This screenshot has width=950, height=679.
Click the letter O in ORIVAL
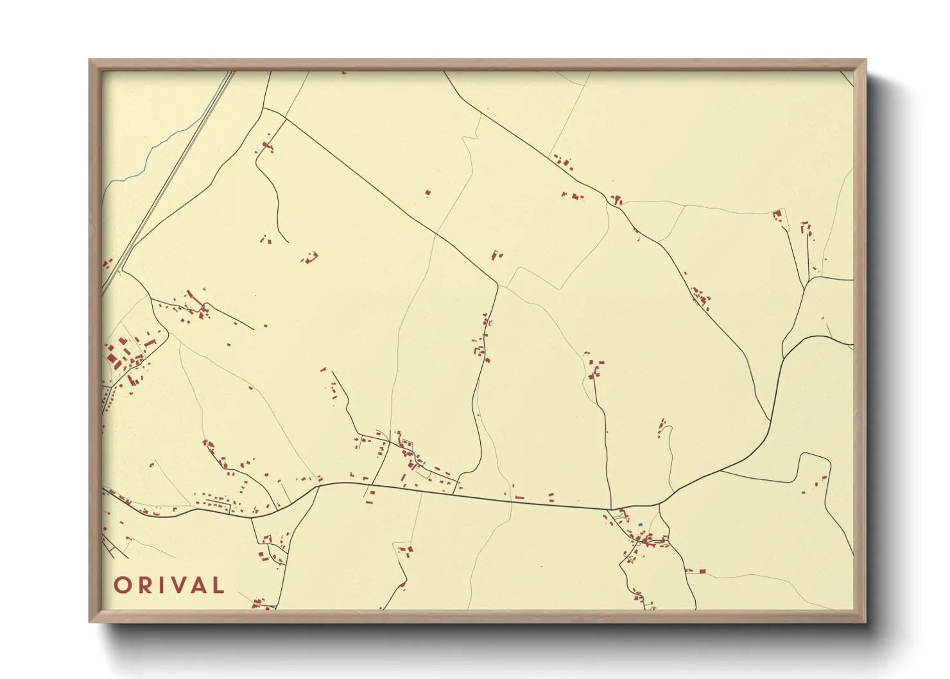pos(123,585)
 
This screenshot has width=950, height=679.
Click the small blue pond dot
pos(640,525)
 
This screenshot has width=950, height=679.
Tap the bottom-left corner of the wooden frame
pos(91,621)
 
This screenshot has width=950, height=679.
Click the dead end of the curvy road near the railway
pos(288,242)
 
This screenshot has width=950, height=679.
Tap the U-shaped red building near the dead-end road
pos(311,258)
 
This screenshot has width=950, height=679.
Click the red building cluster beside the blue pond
pos(652,540)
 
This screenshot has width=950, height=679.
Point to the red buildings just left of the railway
pos(107,264)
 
